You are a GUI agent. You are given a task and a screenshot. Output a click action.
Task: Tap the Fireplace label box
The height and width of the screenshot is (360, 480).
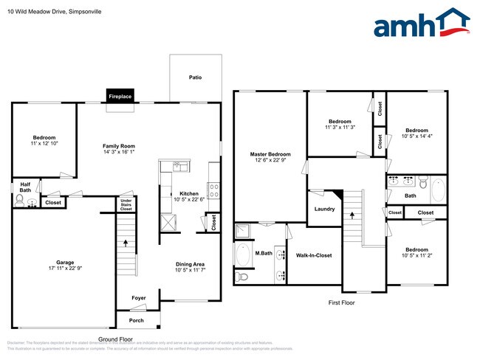pos(120,97)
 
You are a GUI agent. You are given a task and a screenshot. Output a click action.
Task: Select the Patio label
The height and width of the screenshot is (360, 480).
pos(195,77)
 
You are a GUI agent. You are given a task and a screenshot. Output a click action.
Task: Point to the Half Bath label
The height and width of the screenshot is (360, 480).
pos(25,187)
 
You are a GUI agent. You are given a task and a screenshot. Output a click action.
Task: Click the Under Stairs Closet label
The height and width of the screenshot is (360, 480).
pos(126,204)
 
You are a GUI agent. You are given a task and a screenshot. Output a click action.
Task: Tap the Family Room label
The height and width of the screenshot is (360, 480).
pos(118,146)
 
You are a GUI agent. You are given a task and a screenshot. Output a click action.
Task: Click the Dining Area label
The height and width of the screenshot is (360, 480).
pos(190,264)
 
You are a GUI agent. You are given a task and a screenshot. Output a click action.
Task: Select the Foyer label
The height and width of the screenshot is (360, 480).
pos(139,298)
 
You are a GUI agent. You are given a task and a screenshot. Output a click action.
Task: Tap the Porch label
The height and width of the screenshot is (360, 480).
pos(137,320)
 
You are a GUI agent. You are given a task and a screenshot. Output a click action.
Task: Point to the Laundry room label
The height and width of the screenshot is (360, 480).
pos(324,209)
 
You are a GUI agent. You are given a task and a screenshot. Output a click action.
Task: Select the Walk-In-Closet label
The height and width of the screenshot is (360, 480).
pos(314,255)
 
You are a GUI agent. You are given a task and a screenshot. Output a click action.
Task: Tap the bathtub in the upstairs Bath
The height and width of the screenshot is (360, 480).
pos(437,189)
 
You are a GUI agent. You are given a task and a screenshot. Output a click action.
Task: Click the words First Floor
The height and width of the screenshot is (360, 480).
pos(342,302)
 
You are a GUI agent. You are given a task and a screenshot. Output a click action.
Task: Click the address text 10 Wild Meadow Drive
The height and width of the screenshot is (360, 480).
pos(37,12)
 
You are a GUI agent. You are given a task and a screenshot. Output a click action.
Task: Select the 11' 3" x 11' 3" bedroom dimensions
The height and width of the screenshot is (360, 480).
pos(340,128)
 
